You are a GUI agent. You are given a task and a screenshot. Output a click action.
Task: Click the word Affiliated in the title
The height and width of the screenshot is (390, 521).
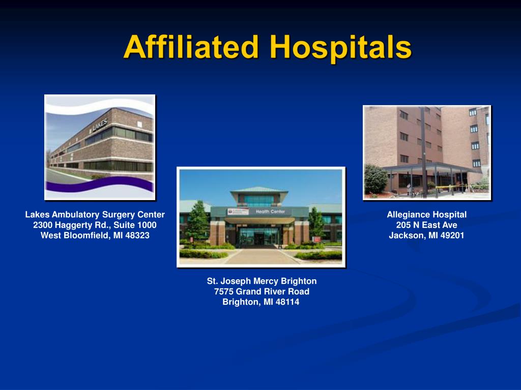click(191, 48)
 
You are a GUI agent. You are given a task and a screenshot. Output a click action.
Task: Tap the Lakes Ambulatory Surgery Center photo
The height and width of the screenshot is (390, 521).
click(100, 147)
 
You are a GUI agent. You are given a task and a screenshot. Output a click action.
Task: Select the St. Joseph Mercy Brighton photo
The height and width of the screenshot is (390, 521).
click(260, 217)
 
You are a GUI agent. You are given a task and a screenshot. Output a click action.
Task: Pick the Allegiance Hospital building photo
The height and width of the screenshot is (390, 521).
click(426, 152)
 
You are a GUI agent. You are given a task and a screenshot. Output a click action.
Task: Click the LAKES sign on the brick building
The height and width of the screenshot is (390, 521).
click(99, 125)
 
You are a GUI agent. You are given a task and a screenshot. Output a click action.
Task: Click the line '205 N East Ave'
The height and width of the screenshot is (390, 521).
click(426, 225)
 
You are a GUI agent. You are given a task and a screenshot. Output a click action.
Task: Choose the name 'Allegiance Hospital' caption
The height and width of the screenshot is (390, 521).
click(426, 214)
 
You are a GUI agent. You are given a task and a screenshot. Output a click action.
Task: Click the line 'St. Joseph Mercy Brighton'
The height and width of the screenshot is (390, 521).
click(262, 281)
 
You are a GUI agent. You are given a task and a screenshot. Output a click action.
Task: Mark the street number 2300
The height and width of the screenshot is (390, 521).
click(44, 225)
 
